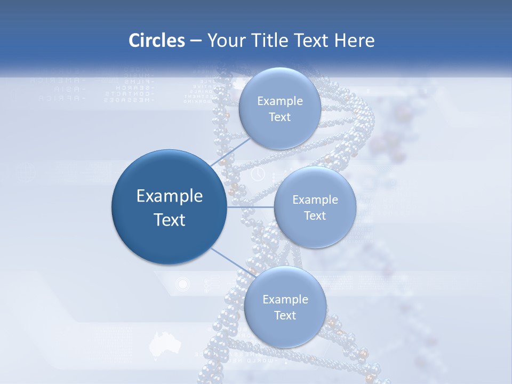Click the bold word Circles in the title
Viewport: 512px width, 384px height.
tap(156, 41)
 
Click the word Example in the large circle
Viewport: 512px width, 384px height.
tap(170, 196)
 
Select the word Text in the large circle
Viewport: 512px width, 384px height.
tap(170, 220)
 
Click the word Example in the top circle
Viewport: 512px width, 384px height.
tap(279, 101)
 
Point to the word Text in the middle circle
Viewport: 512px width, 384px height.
tap(315, 215)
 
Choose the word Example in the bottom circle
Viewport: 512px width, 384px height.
tap(285, 299)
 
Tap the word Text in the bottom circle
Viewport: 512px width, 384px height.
tap(285, 315)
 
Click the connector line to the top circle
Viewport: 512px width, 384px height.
tap(231, 153)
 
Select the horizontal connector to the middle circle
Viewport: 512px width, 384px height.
tap(250, 207)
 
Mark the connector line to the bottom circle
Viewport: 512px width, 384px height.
tap(231, 261)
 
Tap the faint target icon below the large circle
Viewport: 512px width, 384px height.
tap(182, 284)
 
